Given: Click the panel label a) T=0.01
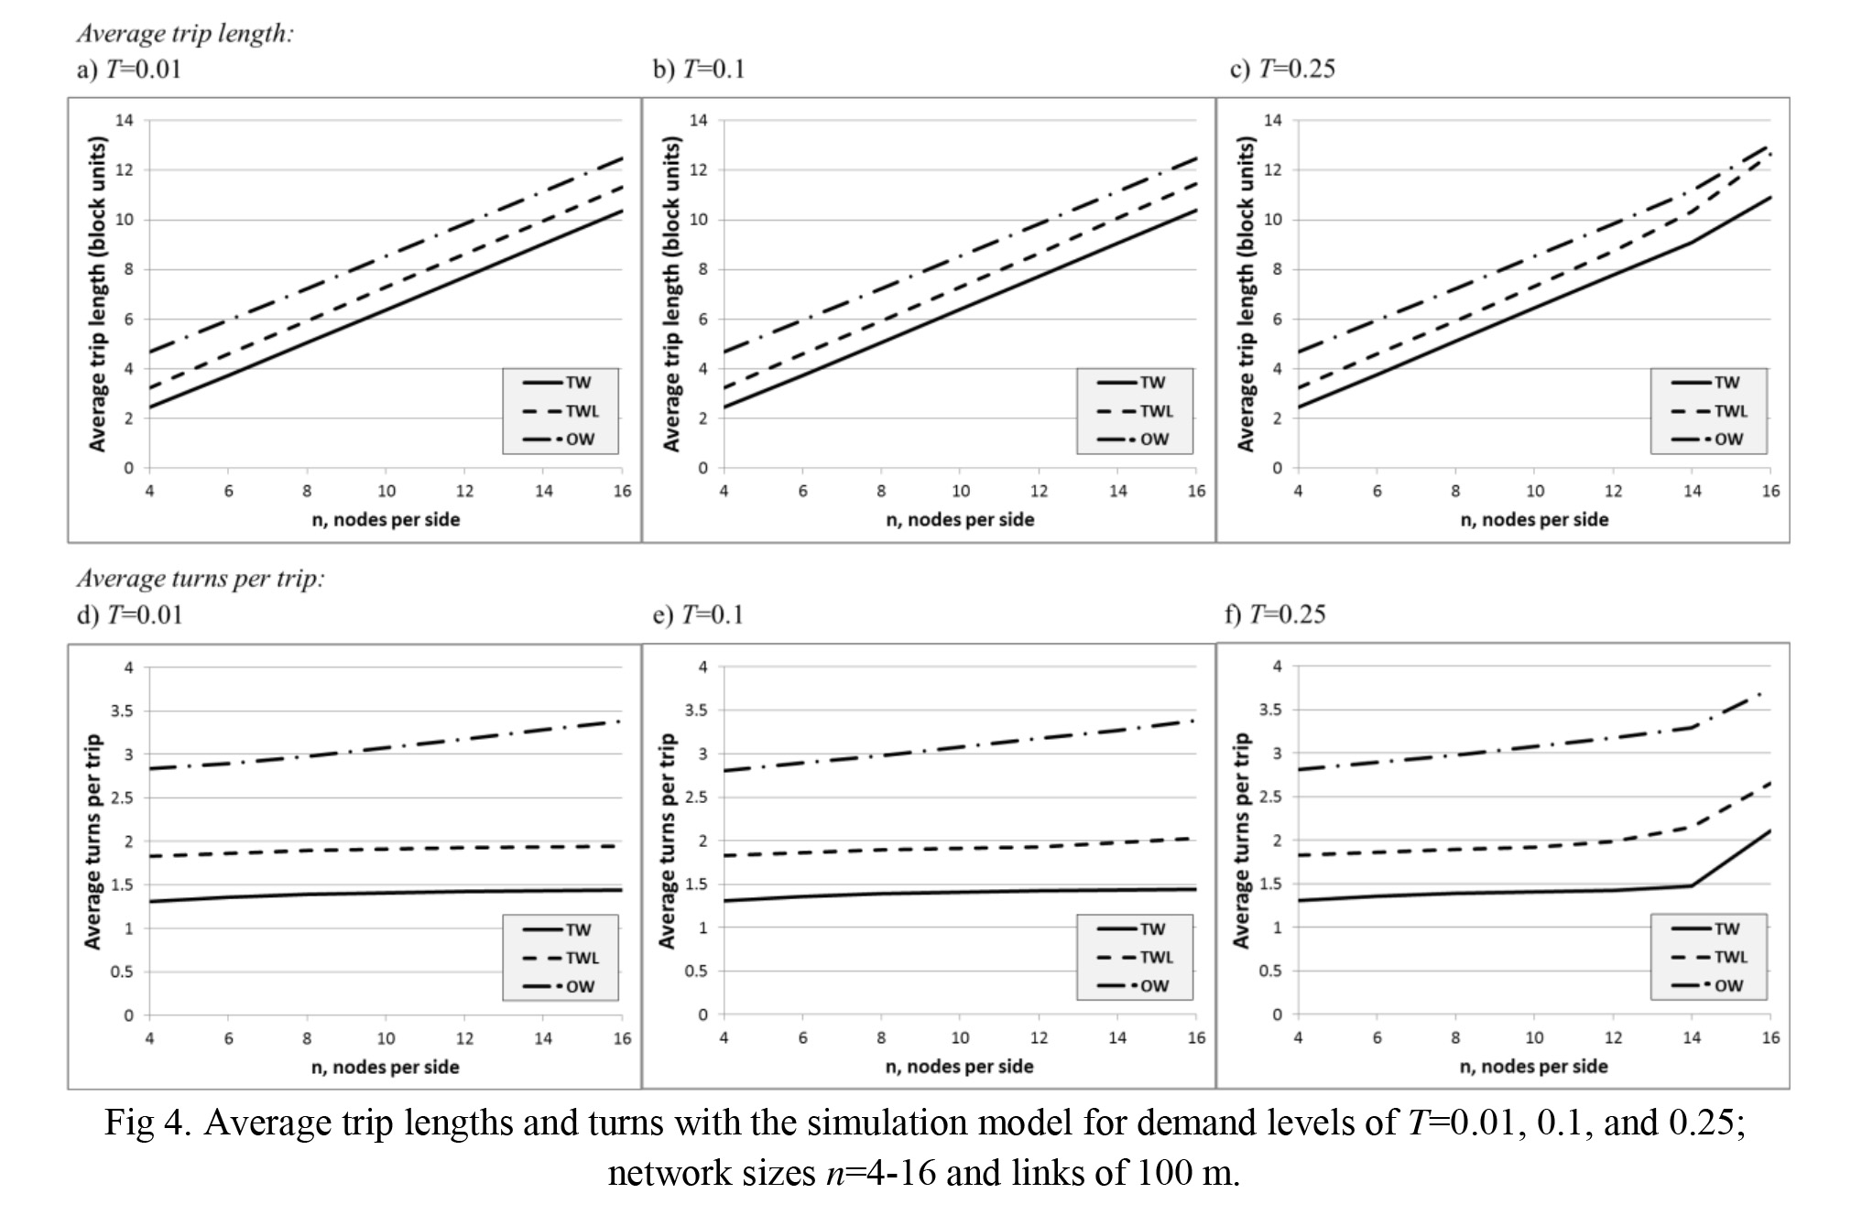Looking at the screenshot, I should (128, 70).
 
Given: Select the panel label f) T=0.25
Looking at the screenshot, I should (1275, 614).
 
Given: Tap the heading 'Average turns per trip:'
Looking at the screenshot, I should (201, 579).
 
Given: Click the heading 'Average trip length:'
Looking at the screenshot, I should (185, 34).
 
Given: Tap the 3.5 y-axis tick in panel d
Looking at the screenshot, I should (122, 711).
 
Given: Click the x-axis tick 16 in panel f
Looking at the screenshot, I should (1770, 1038).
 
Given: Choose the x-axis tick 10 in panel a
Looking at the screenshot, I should (387, 492).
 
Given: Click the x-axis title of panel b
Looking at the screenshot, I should (960, 520).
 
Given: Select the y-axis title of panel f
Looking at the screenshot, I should (1241, 841).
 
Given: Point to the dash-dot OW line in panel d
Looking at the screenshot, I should (386, 748).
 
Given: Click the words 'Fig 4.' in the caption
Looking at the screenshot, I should (147, 1123).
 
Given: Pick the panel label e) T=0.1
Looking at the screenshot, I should (698, 614).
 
